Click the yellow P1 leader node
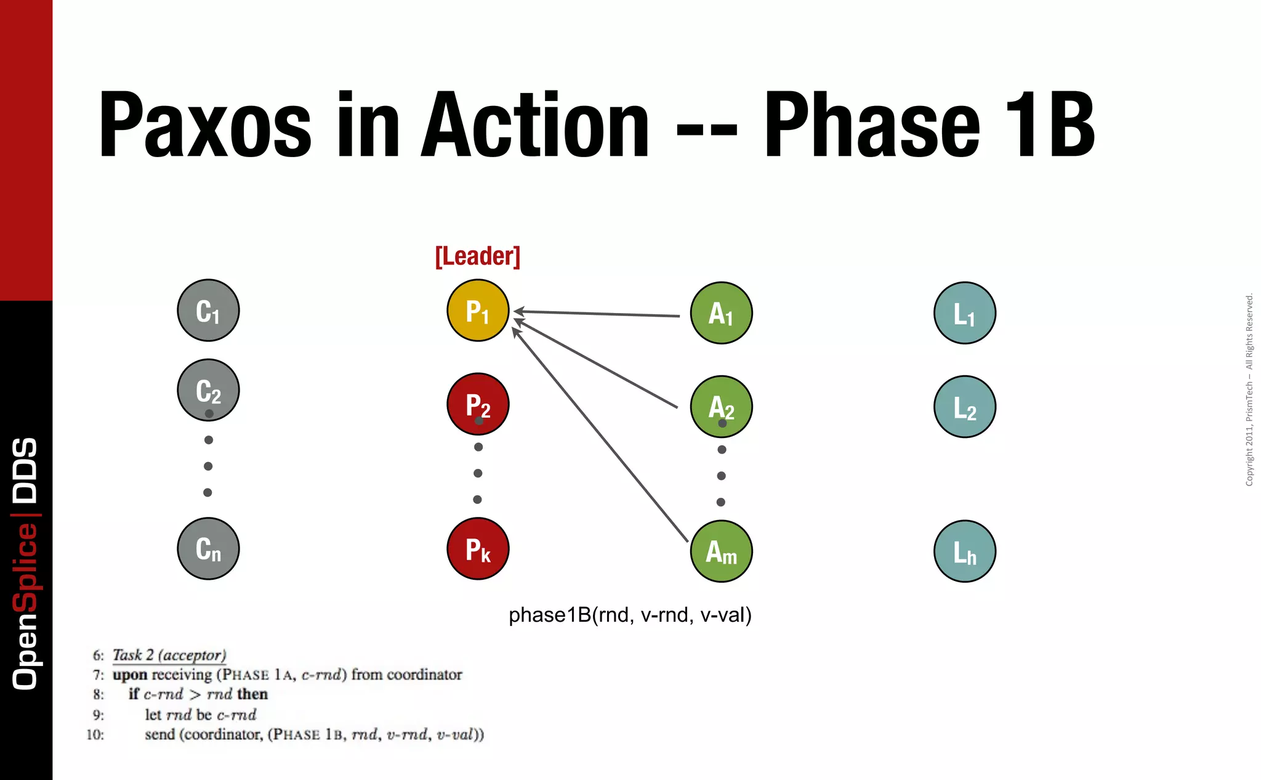478,311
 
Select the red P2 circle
478,404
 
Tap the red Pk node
478,548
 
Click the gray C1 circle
208,311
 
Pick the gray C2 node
208,390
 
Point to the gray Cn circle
208,548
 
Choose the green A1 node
721,313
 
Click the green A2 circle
721,407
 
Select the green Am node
721,551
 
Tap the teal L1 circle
964,313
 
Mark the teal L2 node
964,407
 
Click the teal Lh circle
964,551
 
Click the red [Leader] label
478,256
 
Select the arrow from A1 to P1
597,314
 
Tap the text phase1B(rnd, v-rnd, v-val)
630,615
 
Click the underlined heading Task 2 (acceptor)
169,655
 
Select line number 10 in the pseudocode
95,734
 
